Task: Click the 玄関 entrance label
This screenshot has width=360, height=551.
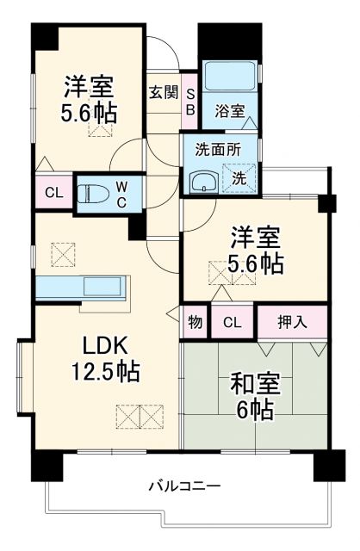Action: pos(163,92)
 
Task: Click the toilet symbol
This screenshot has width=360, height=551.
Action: pos(90,194)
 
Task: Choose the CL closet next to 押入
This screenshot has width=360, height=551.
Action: pos(231,322)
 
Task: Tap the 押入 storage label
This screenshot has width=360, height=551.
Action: pos(291,322)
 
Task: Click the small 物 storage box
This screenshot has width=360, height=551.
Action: pos(195,322)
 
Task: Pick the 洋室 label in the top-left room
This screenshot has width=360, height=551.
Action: pos(89,86)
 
